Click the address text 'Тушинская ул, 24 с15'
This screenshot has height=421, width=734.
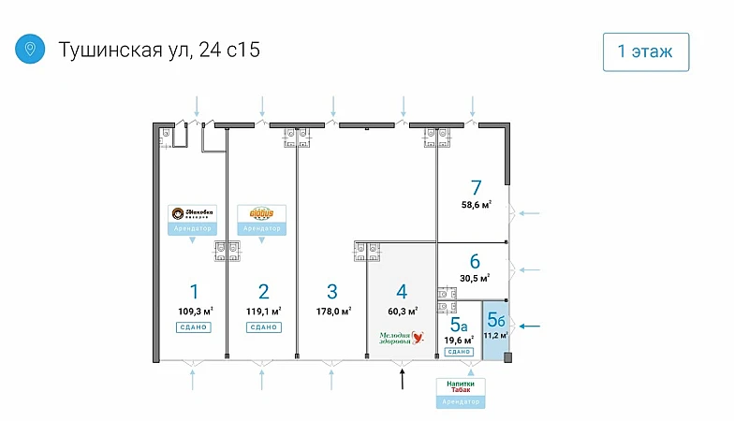pos(159,50)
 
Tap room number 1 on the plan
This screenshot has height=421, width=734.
pos(193,291)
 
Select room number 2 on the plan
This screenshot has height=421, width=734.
pos(264,291)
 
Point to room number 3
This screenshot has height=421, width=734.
pos(332,291)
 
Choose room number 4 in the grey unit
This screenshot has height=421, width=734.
pos(402,291)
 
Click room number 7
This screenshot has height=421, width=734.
pos(477,186)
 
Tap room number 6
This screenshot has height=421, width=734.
pos(475,261)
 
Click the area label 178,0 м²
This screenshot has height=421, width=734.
pos(333,311)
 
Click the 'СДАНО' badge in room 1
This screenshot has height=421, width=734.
pos(193,327)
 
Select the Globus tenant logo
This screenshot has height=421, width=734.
pos(261,214)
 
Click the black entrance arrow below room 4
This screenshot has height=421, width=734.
pos(402,378)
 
